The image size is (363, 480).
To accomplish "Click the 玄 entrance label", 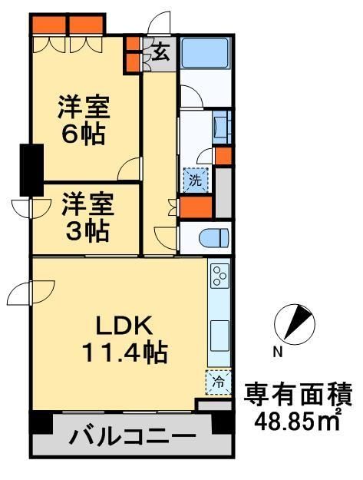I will (x=161, y=53).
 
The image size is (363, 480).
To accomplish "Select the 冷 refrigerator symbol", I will (x=218, y=380).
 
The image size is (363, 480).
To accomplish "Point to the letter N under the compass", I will (x=278, y=353).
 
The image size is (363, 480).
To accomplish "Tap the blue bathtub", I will (x=206, y=55).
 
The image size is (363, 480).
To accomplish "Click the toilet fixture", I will (x=214, y=237).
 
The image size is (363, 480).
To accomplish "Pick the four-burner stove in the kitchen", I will (x=219, y=276).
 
